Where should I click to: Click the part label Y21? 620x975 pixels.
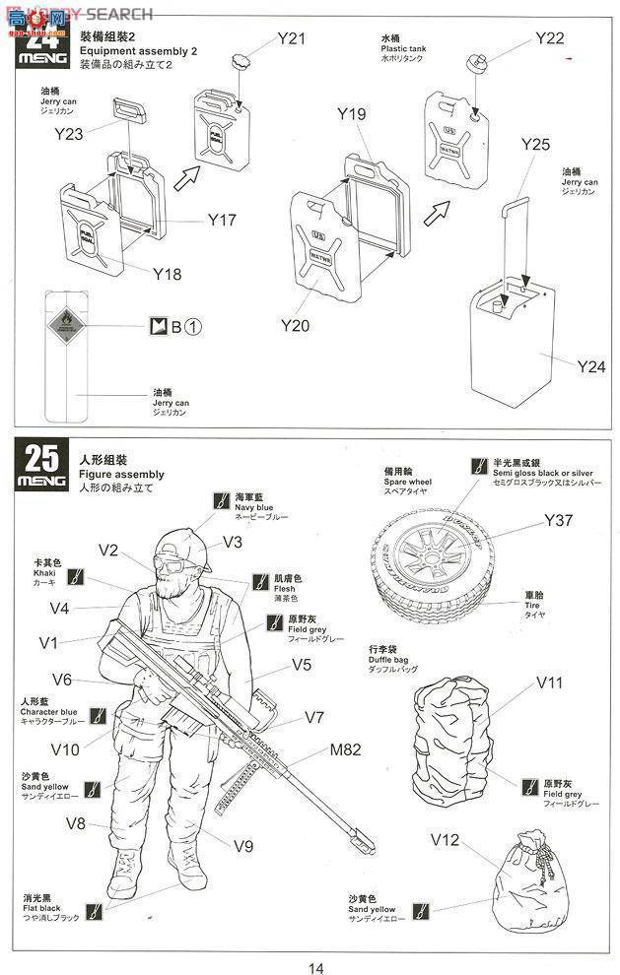291,38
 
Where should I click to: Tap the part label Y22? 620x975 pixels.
549,37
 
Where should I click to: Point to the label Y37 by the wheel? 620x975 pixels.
557,521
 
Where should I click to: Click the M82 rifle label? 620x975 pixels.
347,751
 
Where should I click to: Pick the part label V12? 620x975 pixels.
446,840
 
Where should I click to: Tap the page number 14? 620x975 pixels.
315,967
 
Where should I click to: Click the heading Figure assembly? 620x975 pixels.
121,475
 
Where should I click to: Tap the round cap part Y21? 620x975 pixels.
239,63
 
